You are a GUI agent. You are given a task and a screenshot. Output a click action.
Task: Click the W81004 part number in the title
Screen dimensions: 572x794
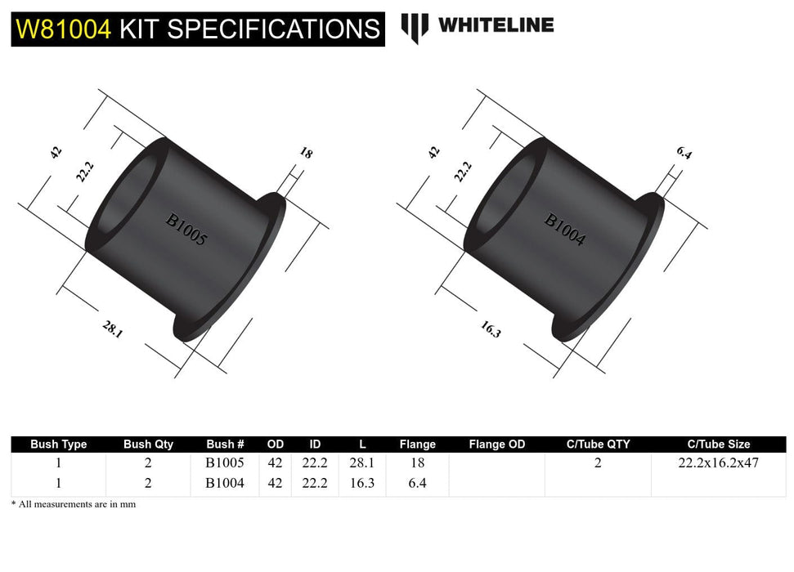pos(64,29)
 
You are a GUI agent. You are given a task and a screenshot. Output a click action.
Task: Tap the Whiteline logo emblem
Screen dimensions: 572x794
pos(415,27)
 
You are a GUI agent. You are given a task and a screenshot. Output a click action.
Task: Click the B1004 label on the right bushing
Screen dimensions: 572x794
pos(565,230)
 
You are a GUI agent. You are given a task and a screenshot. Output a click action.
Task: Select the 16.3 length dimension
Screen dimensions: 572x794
pos(490,329)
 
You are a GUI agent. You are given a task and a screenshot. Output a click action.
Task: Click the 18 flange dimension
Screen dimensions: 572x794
pos(306,153)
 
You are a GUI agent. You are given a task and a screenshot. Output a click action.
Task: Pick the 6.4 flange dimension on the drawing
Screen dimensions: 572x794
pos(684,153)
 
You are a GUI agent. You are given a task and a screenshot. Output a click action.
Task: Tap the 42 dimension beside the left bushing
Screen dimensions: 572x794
pos(56,152)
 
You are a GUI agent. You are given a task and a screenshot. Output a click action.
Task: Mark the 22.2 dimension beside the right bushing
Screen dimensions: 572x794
pos(463,171)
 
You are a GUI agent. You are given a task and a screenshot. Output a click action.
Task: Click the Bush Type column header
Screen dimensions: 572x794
pos(58,445)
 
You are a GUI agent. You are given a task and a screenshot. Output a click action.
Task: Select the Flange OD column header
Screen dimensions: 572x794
pos(497,445)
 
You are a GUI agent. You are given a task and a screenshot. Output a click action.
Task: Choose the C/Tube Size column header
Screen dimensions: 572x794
pos(718,445)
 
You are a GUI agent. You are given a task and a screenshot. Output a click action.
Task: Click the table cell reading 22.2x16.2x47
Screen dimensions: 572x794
pos(718,463)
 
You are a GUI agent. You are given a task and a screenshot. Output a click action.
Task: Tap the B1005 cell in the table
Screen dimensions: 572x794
pos(225,463)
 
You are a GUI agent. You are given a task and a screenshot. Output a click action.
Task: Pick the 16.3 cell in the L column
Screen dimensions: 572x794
pos(362,483)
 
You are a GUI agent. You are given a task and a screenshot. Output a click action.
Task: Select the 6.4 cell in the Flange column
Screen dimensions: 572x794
pos(417,483)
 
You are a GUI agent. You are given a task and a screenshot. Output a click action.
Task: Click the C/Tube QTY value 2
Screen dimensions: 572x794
pos(598,463)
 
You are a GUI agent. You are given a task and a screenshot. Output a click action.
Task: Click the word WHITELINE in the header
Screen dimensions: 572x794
pos(496,25)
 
